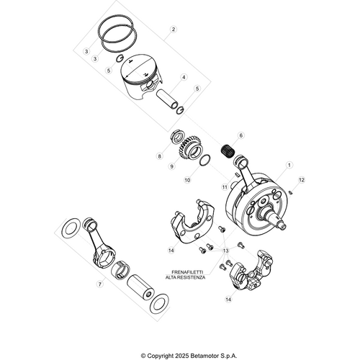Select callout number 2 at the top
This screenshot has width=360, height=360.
pyautogui.click(x=173, y=30)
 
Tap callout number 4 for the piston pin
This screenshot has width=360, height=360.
pyautogui.click(x=184, y=77)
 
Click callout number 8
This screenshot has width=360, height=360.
pyautogui.click(x=160, y=155)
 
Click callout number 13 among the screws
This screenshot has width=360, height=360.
pyautogui.click(x=225, y=251)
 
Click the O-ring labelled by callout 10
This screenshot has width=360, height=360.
pyautogui.click(x=204, y=161)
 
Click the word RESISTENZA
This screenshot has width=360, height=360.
pyautogui.click(x=192, y=278)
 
